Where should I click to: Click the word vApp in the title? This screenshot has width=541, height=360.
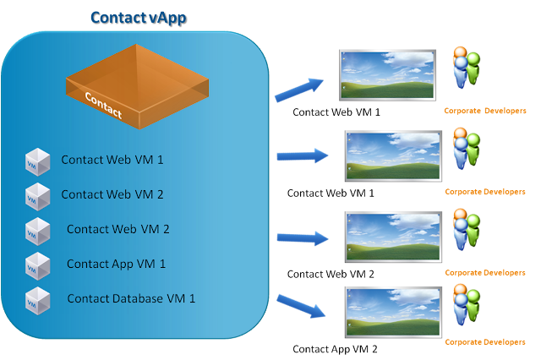pyautogui.click(x=169, y=19)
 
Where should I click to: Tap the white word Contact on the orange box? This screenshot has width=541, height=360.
pyautogui.click(x=103, y=105)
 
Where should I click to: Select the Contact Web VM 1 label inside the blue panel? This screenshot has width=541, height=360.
pyautogui.click(x=112, y=160)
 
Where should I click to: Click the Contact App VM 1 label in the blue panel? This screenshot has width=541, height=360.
pyautogui.click(x=117, y=265)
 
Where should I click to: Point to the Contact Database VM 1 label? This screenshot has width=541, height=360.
pyautogui.click(x=131, y=298)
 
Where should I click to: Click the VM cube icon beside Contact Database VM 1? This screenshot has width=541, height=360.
pyautogui.click(x=37, y=301)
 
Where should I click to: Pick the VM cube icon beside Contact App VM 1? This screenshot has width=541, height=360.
pyautogui.click(x=37, y=266)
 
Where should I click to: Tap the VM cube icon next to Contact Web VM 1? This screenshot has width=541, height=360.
pyautogui.click(x=37, y=161)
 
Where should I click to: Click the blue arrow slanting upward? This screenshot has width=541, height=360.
pyautogui.click(x=298, y=90)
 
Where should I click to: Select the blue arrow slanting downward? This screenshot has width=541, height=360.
pyautogui.click(x=301, y=306)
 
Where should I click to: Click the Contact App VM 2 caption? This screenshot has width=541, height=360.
pyautogui.click(x=335, y=349)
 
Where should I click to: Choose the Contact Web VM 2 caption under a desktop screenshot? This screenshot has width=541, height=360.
pyautogui.click(x=331, y=274)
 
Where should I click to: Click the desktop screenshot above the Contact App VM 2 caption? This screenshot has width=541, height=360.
pyautogui.click(x=393, y=312)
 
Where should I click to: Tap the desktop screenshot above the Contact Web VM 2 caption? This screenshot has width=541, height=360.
pyautogui.click(x=393, y=237)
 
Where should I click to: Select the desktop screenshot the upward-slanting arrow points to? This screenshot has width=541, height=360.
pyautogui.click(x=387, y=75)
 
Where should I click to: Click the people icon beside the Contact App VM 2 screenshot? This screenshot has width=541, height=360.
pyautogui.click(x=467, y=305)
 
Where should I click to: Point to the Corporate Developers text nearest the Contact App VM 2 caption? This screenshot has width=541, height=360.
pyautogui.click(x=485, y=342)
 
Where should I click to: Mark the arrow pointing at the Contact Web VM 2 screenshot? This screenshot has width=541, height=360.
pyautogui.click(x=303, y=238)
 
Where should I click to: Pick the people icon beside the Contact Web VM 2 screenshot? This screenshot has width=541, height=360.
pyautogui.click(x=467, y=230)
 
